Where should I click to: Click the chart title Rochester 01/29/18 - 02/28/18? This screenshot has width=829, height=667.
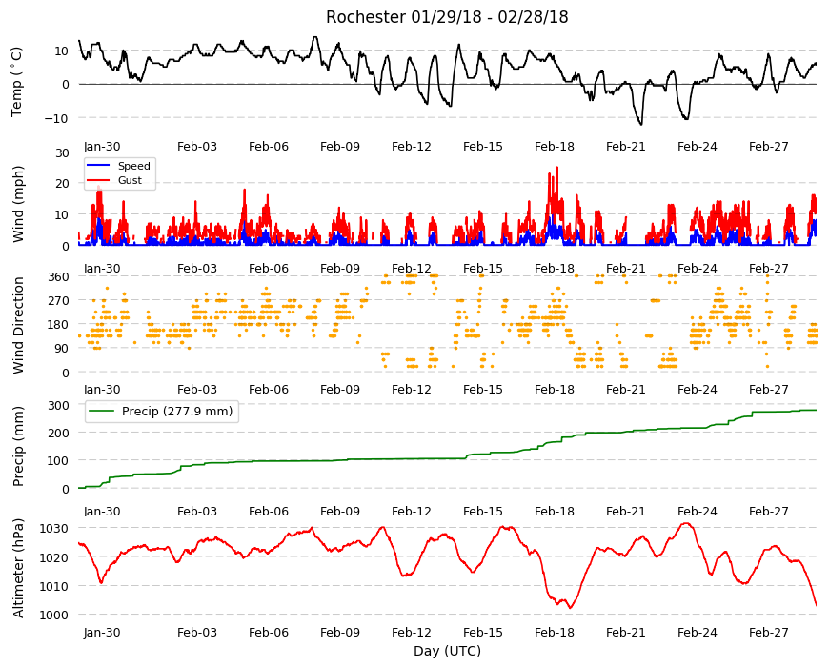pyautogui.click(x=447, y=17)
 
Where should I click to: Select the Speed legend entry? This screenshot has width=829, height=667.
pyautogui.click(x=118, y=166)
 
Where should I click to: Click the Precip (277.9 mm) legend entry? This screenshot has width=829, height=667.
pyautogui.click(x=161, y=412)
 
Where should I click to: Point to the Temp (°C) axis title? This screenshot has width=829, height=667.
pyautogui.click(x=17, y=82)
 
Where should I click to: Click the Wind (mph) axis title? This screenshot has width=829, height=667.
pyautogui.click(x=18, y=204)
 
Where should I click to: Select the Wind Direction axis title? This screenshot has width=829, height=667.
pyautogui.click(x=18, y=325)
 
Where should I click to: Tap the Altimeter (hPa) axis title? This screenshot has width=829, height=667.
pyautogui.click(x=18, y=569)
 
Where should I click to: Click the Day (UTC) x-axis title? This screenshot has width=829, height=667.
pyautogui.click(x=447, y=651)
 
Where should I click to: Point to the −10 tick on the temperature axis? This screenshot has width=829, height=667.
pyautogui.click(x=56, y=118)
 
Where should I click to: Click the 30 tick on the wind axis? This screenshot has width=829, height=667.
pyautogui.click(x=62, y=152)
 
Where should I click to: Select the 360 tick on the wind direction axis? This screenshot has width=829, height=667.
pyautogui.click(x=59, y=277)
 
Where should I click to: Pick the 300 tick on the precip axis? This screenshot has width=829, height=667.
pyautogui.click(x=59, y=405)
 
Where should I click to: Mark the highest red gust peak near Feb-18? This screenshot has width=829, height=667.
pyautogui.click(x=556, y=168)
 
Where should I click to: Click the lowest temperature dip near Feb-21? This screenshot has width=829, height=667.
pyautogui.click(x=641, y=124)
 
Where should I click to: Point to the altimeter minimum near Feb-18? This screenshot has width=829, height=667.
pyautogui.click(x=570, y=608)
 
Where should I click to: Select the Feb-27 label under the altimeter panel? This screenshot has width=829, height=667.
pyautogui.click(x=768, y=632)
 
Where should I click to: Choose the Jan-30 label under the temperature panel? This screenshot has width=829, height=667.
pyautogui.click(x=102, y=147)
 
